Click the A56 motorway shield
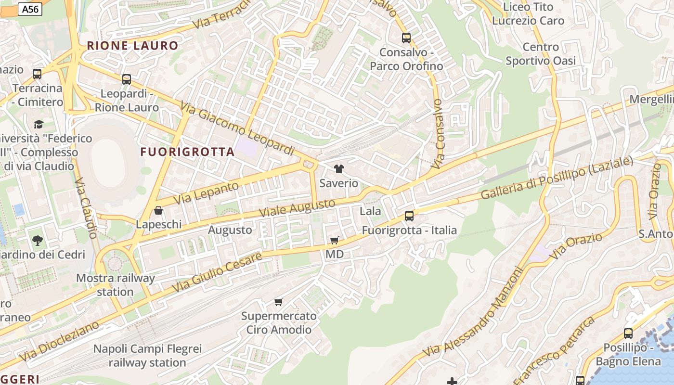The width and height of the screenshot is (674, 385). pyautogui.click(x=30, y=9)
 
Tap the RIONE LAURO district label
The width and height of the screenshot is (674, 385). pyautogui.click(x=132, y=46)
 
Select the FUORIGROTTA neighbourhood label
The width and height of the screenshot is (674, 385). pyautogui.click(x=187, y=152)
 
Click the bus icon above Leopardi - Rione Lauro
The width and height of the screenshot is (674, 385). pyautogui.click(x=127, y=79)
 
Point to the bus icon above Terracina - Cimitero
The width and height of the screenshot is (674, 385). pyautogui.click(x=37, y=74)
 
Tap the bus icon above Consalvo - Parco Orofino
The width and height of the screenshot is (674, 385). pyautogui.click(x=406, y=38)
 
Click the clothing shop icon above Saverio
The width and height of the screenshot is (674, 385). pyautogui.click(x=339, y=169)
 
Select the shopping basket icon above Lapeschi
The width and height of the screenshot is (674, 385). pyautogui.click(x=158, y=210)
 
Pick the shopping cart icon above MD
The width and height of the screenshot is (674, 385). pyautogui.click(x=335, y=240)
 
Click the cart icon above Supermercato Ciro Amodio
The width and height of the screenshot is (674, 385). pyautogui.click(x=278, y=302)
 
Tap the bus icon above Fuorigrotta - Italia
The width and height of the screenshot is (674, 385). pyautogui.click(x=409, y=216)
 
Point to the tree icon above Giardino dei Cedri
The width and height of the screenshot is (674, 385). pyautogui.click(x=37, y=240)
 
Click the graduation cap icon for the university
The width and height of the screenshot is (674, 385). pyautogui.click(x=39, y=124)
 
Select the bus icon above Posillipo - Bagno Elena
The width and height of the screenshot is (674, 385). pyautogui.click(x=628, y=333)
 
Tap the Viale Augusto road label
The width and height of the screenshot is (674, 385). pyautogui.click(x=297, y=207)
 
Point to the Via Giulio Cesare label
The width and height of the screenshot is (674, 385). pyautogui.click(x=217, y=272)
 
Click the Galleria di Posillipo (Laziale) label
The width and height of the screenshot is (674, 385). pyautogui.click(x=557, y=178)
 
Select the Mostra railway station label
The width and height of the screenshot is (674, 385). pyautogui.click(x=116, y=285)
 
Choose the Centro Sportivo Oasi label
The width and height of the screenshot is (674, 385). pyautogui.click(x=541, y=54)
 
